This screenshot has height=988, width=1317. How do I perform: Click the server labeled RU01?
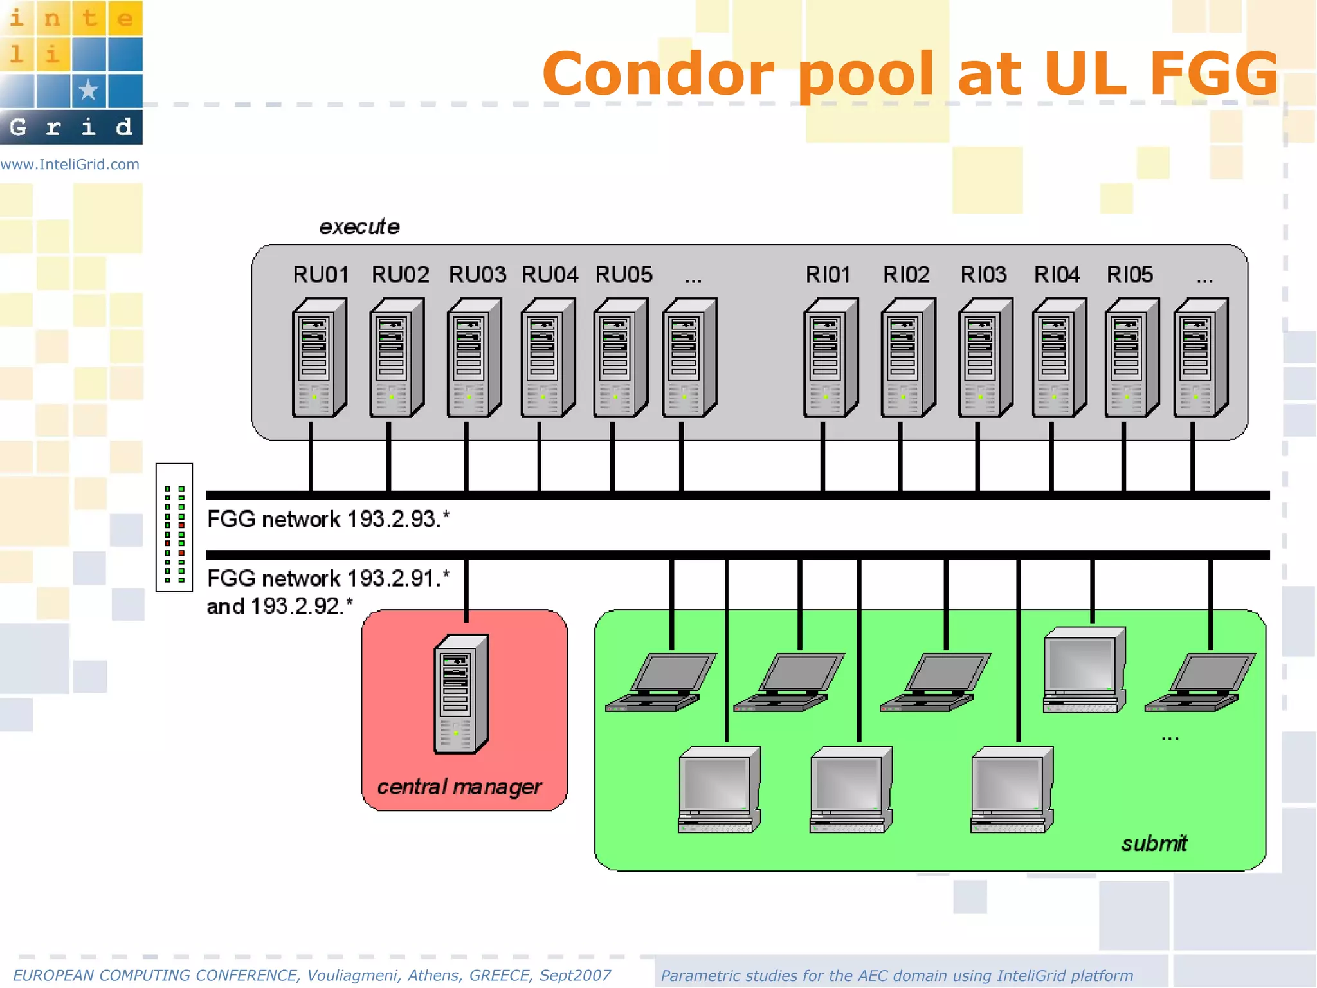[x=319, y=358]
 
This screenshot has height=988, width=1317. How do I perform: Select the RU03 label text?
[x=477, y=275]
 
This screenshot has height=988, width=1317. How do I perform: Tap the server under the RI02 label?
[x=907, y=358]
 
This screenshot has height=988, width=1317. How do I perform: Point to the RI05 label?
[x=1129, y=275]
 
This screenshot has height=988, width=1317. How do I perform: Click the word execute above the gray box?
[x=359, y=226]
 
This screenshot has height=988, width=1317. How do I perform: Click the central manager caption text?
[x=459, y=787]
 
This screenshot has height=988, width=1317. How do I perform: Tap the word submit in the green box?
[x=1154, y=843]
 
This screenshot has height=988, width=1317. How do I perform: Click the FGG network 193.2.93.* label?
[x=328, y=519]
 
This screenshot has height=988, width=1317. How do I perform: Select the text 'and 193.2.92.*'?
[x=280, y=606]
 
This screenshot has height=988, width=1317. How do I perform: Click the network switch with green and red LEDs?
[x=174, y=527]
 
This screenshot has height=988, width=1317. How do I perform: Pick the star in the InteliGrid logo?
[x=89, y=90]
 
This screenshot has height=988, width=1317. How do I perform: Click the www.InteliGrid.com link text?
[x=69, y=165]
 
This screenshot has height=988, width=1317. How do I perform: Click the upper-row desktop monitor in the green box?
[x=1084, y=670]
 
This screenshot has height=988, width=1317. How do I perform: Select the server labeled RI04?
[x=1058, y=358]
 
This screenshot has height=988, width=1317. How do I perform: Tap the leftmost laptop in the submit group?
[x=660, y=682]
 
